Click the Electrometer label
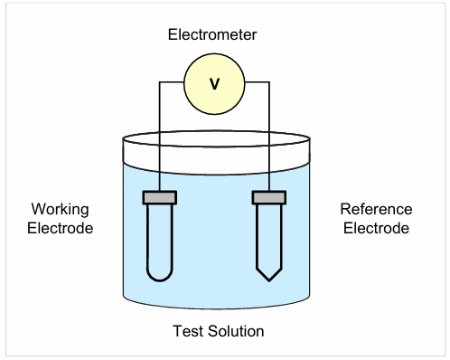[212, 34]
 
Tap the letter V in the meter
[214, 84]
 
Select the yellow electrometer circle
[214, 84]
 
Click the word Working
[60, 210]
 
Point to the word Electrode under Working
[61, 228]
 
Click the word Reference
[376, 209]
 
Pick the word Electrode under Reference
[376, 228]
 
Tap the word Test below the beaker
[188, 331]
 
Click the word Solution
[236, 331]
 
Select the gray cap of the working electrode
[160, 198]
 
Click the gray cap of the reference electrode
[269, 198]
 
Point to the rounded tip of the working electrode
[160, 280]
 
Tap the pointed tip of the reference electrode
[269, 281]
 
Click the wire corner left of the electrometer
[159, 82]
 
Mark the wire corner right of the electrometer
[269, 82]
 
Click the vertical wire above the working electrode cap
[159, 137]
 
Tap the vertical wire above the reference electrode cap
[269, 137]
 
